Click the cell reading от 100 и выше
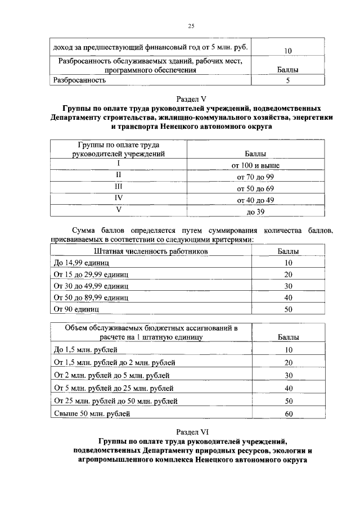tap(255, 166)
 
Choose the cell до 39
tap(255, 212)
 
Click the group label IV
tap(119, 199)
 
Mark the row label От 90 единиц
tap(76, 309)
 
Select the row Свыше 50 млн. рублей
tap(92, 414)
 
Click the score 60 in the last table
tap(289, 415)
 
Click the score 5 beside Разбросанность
tap(287, 80)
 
